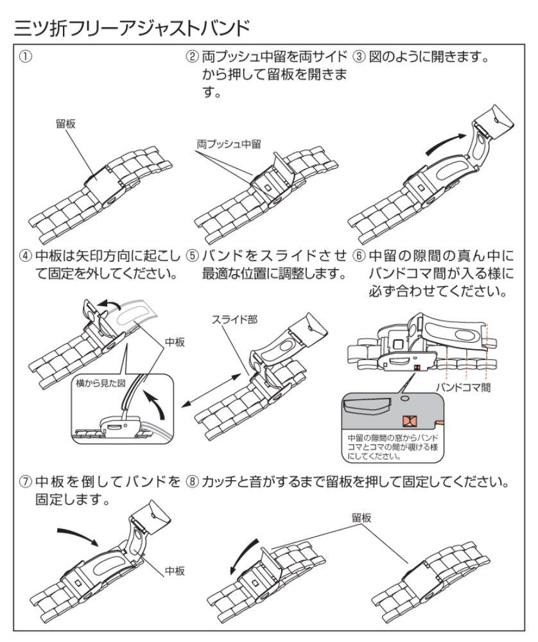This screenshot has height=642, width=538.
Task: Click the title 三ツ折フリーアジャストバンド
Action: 132,28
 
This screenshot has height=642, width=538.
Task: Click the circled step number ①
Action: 26,56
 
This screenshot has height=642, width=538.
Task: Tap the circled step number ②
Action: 192,56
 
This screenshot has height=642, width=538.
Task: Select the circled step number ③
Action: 359,56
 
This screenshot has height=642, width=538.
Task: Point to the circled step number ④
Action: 26,256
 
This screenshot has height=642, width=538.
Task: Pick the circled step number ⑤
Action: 192,256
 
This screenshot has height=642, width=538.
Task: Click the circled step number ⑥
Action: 359,256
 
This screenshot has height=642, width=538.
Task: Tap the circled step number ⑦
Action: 26,482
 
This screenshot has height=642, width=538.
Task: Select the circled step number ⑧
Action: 192,482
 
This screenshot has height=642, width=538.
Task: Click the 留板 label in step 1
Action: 65,124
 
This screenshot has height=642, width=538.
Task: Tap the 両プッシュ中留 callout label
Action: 229,144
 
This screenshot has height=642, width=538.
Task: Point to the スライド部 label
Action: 234,320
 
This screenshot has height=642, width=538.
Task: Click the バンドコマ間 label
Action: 463,387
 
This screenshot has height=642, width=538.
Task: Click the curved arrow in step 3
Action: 446,144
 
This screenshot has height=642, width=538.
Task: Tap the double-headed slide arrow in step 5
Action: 211,390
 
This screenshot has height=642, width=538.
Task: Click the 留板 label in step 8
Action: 361,518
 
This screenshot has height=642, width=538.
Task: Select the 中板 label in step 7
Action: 175,571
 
